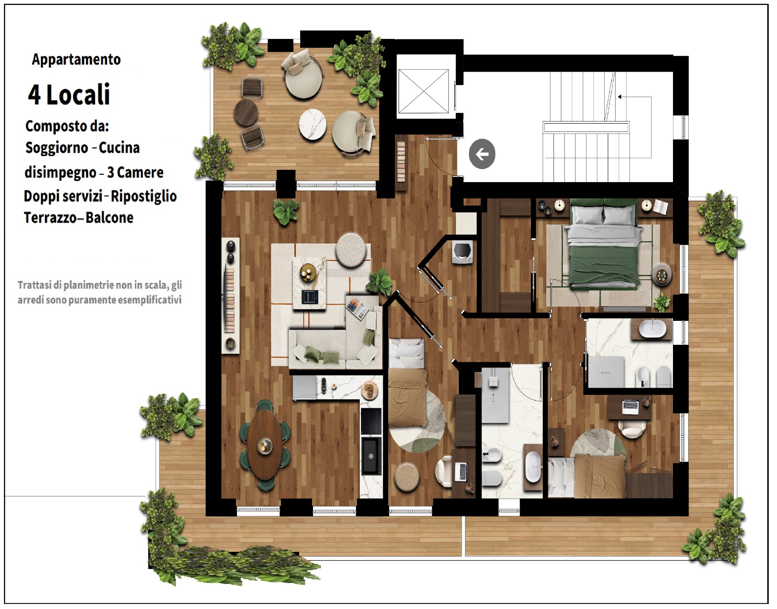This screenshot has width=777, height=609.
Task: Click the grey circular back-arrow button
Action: [482, 154]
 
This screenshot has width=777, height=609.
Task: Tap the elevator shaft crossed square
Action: [424, 91]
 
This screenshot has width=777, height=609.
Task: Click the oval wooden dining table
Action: [265, 444]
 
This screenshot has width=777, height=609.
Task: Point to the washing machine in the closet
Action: [463, 252]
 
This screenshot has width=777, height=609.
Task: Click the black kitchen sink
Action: [371, 456]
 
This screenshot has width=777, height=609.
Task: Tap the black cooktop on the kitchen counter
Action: [371, 421]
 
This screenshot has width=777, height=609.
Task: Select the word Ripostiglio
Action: [144, 197]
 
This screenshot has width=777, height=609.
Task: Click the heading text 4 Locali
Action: [69, 94]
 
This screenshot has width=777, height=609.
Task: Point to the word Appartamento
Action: [76, 59]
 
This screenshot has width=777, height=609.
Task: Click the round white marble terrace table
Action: [312, 124]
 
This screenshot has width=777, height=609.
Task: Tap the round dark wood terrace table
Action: [246, 112]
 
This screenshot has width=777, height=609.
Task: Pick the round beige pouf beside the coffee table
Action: [351, 250]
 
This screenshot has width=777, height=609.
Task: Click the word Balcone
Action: [109, 218]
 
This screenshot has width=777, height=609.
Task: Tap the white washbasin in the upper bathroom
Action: [652, 329]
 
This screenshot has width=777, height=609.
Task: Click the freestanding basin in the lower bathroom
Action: [533, 467]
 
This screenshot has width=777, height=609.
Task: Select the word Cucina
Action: [119, 148]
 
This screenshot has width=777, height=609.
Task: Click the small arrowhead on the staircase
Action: [620, 97]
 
